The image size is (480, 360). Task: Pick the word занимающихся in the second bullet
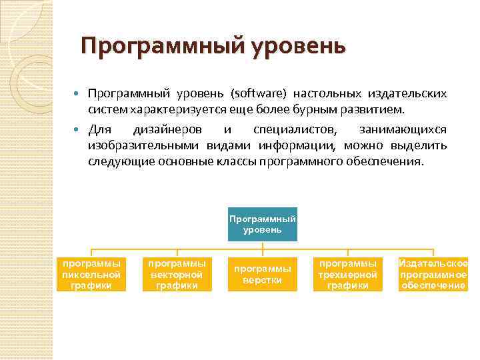coord(403,128)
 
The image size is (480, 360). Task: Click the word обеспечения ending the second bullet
coord(383,162)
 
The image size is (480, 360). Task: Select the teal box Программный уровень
coord(262,225)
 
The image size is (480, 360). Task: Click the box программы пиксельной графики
coord(91,274)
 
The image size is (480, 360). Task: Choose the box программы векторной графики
coord(177,274)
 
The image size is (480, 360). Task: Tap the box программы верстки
coord(262,274)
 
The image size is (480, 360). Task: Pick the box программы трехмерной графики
coord(347,274)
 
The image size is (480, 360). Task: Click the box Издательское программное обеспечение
coord(433,274)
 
